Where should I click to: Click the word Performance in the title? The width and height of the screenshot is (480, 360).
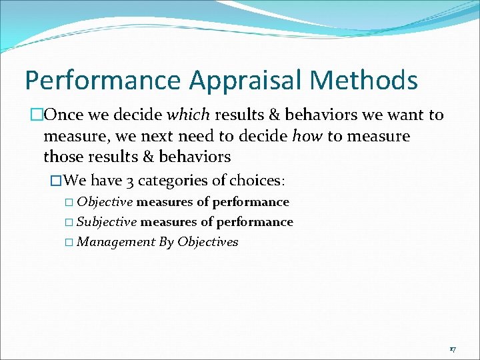[x=103, y=81]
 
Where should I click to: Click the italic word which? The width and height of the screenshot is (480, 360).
[x=189, y=115]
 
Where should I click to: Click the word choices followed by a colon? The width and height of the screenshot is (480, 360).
[x=256, y=181]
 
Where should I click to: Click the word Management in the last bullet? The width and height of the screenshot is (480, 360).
[x=116, y=242]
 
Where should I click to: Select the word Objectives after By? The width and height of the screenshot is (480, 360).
[x=207, y=242]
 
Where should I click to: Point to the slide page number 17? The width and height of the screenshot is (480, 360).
[x=452, y=349]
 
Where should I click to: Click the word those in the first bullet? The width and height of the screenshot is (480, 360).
[x=61, y=157]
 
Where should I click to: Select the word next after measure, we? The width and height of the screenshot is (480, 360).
[x=183, y=136]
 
